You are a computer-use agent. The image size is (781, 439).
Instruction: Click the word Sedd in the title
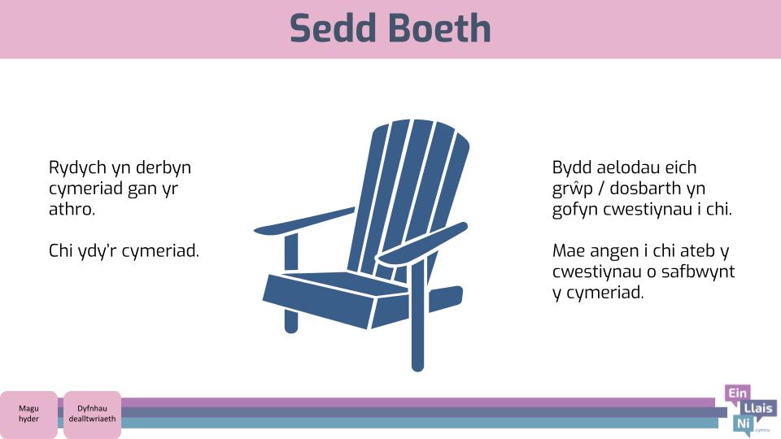pyautogui.click(x=333, y=28)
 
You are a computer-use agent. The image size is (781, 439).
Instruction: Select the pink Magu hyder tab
pyautogui.click(x=28, y=414)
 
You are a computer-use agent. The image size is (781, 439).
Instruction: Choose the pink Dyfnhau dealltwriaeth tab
pyautogui.click(x=92, y=414)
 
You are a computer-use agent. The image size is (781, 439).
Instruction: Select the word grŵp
pyautogui.click(x=572, y=189)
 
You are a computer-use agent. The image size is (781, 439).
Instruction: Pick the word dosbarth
pyautogui.click(x=643, y=189)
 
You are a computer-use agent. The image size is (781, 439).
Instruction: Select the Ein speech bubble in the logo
pyautogui.click(x=738, y=394)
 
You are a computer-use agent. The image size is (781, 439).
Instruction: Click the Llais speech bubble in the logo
pyautogui.click(x=758, y=409)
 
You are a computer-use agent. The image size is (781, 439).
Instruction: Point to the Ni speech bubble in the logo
pyautogui.click(x=743, y=424)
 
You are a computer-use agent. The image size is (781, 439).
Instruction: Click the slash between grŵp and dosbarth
pyautogui.click(x=601, y=189)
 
